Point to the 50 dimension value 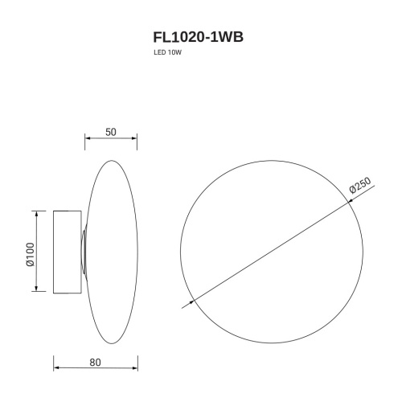[x=112, y=132]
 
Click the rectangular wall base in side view [x=67, y=252]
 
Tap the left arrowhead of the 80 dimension [x=55, y=370]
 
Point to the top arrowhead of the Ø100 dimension [x=35, y=214]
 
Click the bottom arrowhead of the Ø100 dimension [x=35, y=290]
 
